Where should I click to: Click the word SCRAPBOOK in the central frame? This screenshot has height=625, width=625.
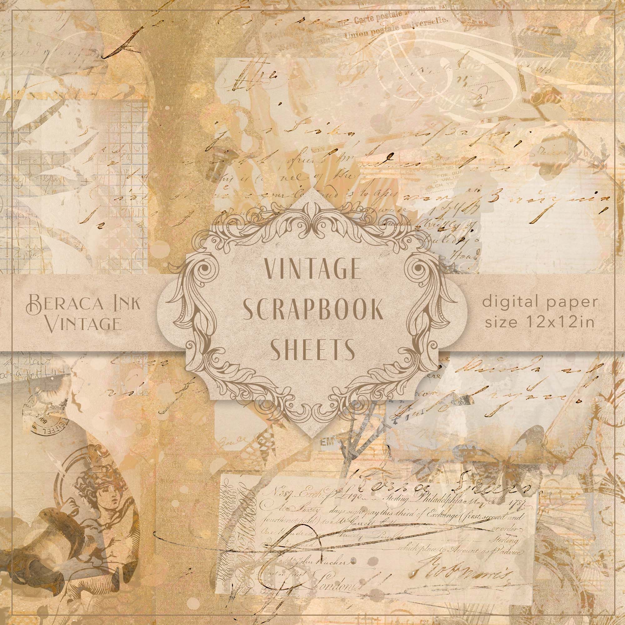312,312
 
